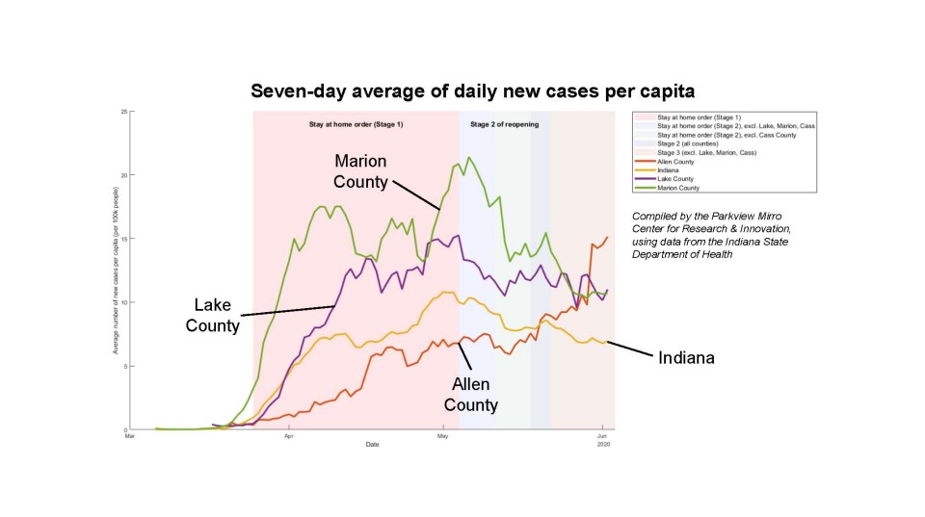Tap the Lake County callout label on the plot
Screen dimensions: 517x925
coord(213,315)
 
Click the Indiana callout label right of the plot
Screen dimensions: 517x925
coord(686,357)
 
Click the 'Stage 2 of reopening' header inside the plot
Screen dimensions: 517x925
coord(504,125)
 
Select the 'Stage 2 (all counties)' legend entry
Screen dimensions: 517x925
coord(683,143)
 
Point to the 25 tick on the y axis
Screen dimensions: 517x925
coord(122,112)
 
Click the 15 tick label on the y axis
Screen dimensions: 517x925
coord(122,239)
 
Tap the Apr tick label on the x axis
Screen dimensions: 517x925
coord(288,436)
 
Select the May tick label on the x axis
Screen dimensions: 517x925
coord(442,436)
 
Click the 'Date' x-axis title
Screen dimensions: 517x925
coord(372,445)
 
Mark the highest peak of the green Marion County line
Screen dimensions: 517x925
coord(469,158)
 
